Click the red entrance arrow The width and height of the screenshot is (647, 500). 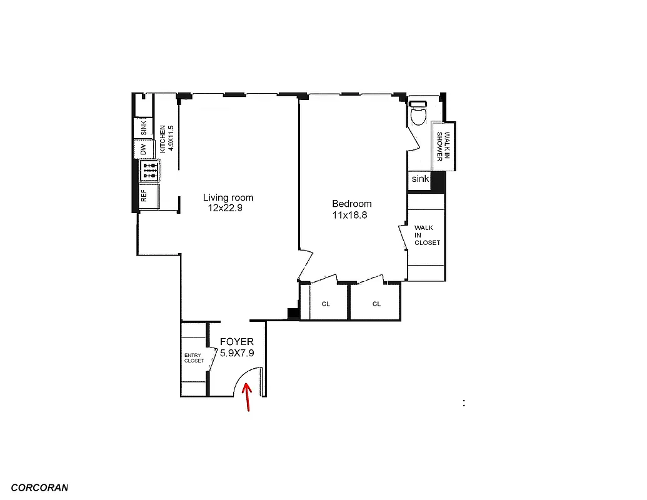pyautogui.click(x=248, y=397)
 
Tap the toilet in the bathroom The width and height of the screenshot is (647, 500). pyautogui.click(x=418, y=114)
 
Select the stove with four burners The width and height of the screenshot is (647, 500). pyautogui.click(x=150, y=169)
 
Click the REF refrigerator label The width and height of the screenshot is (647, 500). pyautogui.click(x=144, y=196)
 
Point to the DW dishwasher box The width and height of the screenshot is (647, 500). pyautogui.click(x=143, y=149)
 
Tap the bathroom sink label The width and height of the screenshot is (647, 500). pyautogui.click(x=420, y=179)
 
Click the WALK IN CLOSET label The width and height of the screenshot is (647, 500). pyautogui.click(x=427, y=236)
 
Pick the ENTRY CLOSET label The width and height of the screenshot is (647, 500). pyautogui.click(x=194, y=358)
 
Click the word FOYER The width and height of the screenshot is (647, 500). pyautogui.click(x=236, y=342)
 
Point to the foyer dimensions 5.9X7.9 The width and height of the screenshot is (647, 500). pyautogui.click(x=236, y=352)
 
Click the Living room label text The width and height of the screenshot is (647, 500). pyautogui.click(x=228, y=197)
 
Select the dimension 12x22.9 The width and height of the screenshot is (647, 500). pyautogui.click(x=225, y=209)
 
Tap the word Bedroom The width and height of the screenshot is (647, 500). pyautogui.click(x=351, y=204)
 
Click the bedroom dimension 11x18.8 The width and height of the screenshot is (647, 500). pyautogui.click(x=351, y=215)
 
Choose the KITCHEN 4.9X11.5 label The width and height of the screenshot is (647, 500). pyautogui.click(x=166, y=139)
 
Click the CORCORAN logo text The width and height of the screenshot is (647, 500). pyautogui.click(x=39, y=487)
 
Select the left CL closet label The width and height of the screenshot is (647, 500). pyautogui.click(x=326, y=304)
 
